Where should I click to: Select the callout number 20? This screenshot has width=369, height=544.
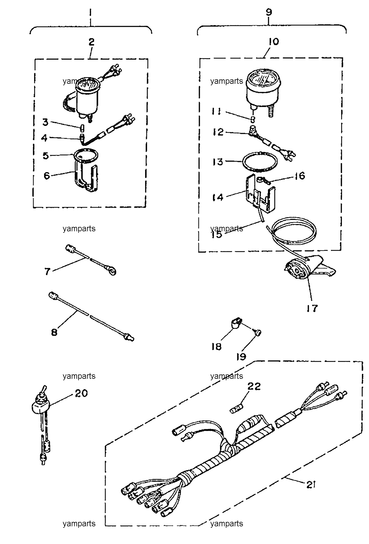point(81,393)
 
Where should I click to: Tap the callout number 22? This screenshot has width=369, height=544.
point(254,386)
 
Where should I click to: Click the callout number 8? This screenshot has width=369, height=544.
point(54,332)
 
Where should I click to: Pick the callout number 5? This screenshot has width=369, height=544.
point(46,155)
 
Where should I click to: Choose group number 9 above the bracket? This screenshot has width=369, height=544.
point(269,12)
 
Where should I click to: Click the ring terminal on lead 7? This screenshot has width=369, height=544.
point(112,271)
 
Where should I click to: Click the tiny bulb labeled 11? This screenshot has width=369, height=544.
point(253,119)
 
